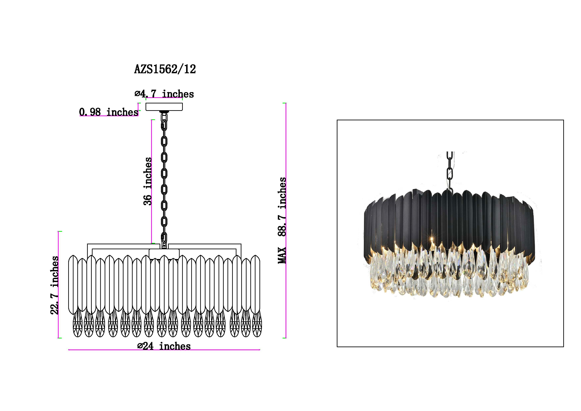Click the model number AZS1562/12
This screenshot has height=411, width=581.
165,69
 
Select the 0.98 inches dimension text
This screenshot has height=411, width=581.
109,112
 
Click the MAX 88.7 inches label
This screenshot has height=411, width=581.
282,220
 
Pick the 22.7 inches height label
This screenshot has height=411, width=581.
54,285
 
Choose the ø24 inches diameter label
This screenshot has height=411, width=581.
164,346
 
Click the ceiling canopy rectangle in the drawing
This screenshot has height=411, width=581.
164,107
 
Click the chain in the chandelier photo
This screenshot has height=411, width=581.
450,170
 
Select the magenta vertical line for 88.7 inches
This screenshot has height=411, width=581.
286,220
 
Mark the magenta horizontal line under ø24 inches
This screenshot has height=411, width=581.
164,350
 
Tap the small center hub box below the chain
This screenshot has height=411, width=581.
164,254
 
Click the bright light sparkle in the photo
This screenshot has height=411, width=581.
432,238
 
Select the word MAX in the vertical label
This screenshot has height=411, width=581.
282,255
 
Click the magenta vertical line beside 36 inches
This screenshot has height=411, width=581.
152,181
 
